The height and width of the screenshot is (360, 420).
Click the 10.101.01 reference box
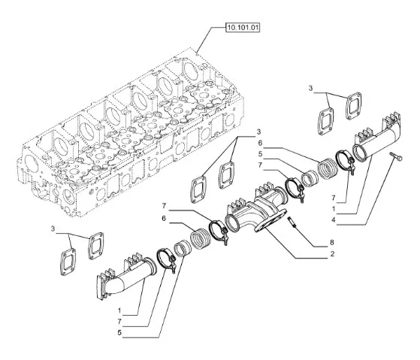[x=243, y=28]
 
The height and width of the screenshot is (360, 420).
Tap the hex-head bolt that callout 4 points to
[x=397, y=156]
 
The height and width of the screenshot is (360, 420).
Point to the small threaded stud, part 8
[x=292, y=222]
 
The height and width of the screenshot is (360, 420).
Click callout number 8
[x=332, y=243]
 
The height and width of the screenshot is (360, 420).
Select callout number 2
[x=332, y=254]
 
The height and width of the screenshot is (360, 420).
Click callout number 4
[x=334, y=220]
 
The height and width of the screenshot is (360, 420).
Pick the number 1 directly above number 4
[x=334, y=209]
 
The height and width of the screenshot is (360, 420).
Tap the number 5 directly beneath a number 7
[x=119, y=333]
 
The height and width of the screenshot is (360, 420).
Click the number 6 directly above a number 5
[x=260, y=144]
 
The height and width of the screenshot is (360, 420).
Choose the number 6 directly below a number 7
[x=164, y=219]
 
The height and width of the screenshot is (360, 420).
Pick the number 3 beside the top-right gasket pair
[x=310, y=88]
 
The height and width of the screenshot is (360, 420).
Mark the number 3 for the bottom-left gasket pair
[x=53, y=228]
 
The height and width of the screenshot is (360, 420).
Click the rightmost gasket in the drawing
[x=354, y=106]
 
